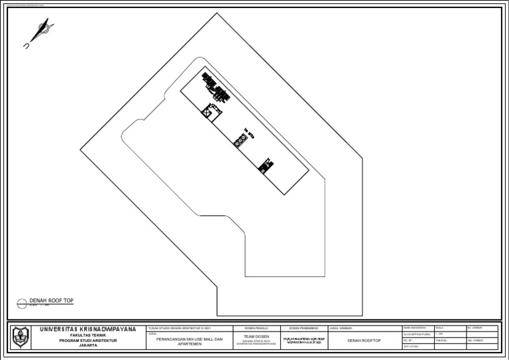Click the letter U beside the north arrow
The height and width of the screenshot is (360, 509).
pyautogui.click(x=26, y=46)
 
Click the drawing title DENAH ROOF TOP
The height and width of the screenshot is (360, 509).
pyautogui.click(x=51, y=301)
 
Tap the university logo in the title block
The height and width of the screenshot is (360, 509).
pyautogui.click(x=21, y=337)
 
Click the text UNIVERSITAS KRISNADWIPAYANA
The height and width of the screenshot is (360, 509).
pyautogui.click(x=87, y=329)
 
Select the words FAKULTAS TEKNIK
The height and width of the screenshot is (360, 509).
pyautogui.click(x=87, y=335)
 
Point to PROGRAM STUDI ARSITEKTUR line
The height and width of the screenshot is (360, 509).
pyautogui.click(x=87, y=340)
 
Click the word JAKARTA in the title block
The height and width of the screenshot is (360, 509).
pyautogui.click(x=87, y=345)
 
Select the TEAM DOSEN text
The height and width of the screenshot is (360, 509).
pyautogui.click(x=256, y=337)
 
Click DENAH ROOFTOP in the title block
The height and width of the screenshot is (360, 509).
pyautogui.click(x=364, y=340)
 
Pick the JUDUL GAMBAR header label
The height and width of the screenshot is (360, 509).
pyautogui.click(x=341, y=328)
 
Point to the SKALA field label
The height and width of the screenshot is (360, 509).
pyautogui.click(x=440, y=328)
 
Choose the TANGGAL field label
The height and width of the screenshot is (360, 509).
pyautogui.click(x=442, y=341)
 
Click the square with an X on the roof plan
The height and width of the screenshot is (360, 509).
pyautogui.click(x=207, y=114)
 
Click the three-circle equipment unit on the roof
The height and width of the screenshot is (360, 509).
pyautogui.click(x=240, y=140)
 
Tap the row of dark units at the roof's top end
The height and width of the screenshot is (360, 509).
pyautogui.click(x=217, y=86)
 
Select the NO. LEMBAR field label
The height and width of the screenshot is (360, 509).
pyautogui.click(x=475, y=328)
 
